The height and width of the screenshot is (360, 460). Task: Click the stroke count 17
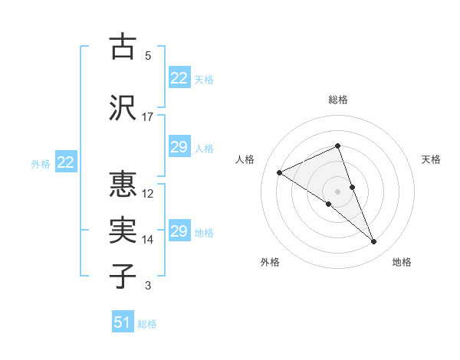(x=148, y=117)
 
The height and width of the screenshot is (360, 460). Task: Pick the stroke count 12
(x=148, y=193)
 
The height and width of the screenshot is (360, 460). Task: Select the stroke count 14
(x=148, y=240)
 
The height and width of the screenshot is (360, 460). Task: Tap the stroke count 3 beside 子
(x=148, y=286)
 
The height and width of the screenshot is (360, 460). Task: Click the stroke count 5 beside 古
(x=148, y=56)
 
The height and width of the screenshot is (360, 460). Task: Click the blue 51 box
(x=123, y=322)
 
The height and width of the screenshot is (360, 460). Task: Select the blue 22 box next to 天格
(x=179, y=78)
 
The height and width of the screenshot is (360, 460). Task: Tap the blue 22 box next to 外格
(x=66, y=162)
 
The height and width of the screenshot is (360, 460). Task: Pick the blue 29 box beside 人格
(x=179, y=147)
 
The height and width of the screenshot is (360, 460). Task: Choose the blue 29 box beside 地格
(x=179, y=231)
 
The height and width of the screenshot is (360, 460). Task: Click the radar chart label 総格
(x=338, y=100)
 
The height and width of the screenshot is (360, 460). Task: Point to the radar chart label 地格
(x=402, y=262)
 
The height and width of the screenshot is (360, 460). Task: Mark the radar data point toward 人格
(x=280, y=173)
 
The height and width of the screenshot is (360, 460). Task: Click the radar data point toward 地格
(x=374, y=242)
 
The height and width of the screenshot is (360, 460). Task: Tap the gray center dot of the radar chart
(x=338, y=191)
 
